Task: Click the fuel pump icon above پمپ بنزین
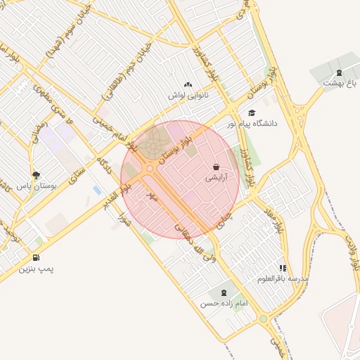click(36, 257)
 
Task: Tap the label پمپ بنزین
click(36, 269)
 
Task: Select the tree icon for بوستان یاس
click(36, 175)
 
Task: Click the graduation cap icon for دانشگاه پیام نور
click(252, 112)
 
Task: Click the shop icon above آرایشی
click(216, 167)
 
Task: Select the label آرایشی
click(216, 179)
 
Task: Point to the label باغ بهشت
click(340, 83)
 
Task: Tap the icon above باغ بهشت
click(340, 72)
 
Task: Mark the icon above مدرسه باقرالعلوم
click(282, 268)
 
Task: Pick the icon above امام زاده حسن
click(224, 292)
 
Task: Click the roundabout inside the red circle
click(150, 168)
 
